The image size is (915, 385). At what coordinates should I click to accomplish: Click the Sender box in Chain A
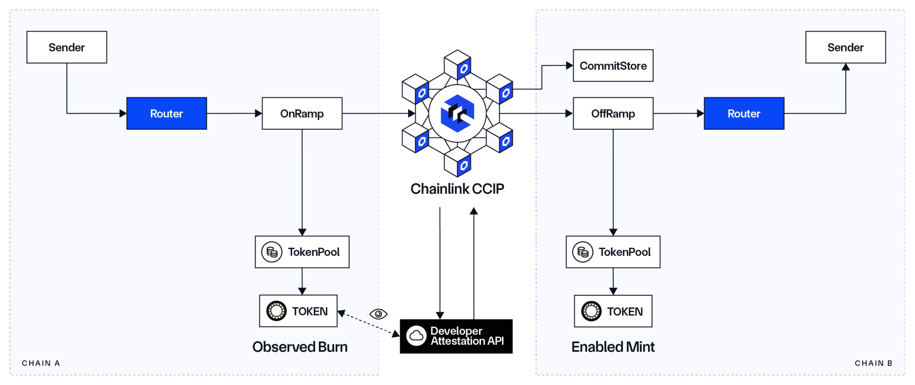tap(67, 47)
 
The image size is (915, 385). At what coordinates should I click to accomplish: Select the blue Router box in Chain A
tap(167, 113)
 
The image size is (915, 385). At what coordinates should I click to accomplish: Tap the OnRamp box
tap(302, 113)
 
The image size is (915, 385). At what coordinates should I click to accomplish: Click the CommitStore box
tap(613, 66)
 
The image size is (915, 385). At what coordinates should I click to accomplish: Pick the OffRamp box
tap(613, 113)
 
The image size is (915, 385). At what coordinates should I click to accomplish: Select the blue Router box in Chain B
tap(744, 113)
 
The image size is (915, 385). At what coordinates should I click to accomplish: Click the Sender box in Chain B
tap(845, 47)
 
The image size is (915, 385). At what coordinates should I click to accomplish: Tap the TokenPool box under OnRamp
tap(302, 252)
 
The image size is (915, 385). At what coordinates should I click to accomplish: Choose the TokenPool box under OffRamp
tap(613, 252)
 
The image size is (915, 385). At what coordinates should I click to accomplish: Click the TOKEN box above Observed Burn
tap(298, 311)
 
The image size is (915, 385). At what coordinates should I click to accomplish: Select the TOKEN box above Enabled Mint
tap(613, 311)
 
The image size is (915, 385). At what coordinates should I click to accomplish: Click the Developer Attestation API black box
tap(456, 336)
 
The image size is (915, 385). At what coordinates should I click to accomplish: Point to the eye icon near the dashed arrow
tap(378, 314)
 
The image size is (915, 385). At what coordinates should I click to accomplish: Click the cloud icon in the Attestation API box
tap(416, 336)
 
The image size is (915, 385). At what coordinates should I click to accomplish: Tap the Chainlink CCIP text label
tap(457, 189)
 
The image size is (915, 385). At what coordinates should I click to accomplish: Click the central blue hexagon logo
tap(457, 113)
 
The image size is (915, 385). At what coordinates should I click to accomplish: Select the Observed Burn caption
tap(300, 347)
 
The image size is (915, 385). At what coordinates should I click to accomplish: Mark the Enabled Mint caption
tap(613, 347)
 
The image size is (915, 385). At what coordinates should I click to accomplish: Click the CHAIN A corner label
tap(41, 363)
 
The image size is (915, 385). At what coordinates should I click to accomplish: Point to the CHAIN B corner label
tap(873, 363)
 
